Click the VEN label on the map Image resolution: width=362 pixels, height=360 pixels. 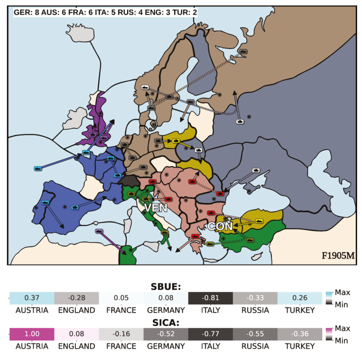point(156,207)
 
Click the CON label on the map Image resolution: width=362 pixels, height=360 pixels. point(220,226)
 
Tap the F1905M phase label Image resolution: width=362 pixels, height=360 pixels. point(338,255)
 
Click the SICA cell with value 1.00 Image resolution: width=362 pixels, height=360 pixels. point(31,334)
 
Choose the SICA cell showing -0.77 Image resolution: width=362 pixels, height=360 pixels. point(210,334)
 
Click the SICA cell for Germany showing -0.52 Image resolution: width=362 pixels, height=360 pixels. point(166,334)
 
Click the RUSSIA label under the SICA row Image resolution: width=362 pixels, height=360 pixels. point(255,346)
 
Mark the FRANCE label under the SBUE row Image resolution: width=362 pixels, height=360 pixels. point(121,310)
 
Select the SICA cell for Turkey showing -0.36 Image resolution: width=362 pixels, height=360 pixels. point(300,334)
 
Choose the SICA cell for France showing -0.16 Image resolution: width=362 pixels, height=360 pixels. point(121,334)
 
